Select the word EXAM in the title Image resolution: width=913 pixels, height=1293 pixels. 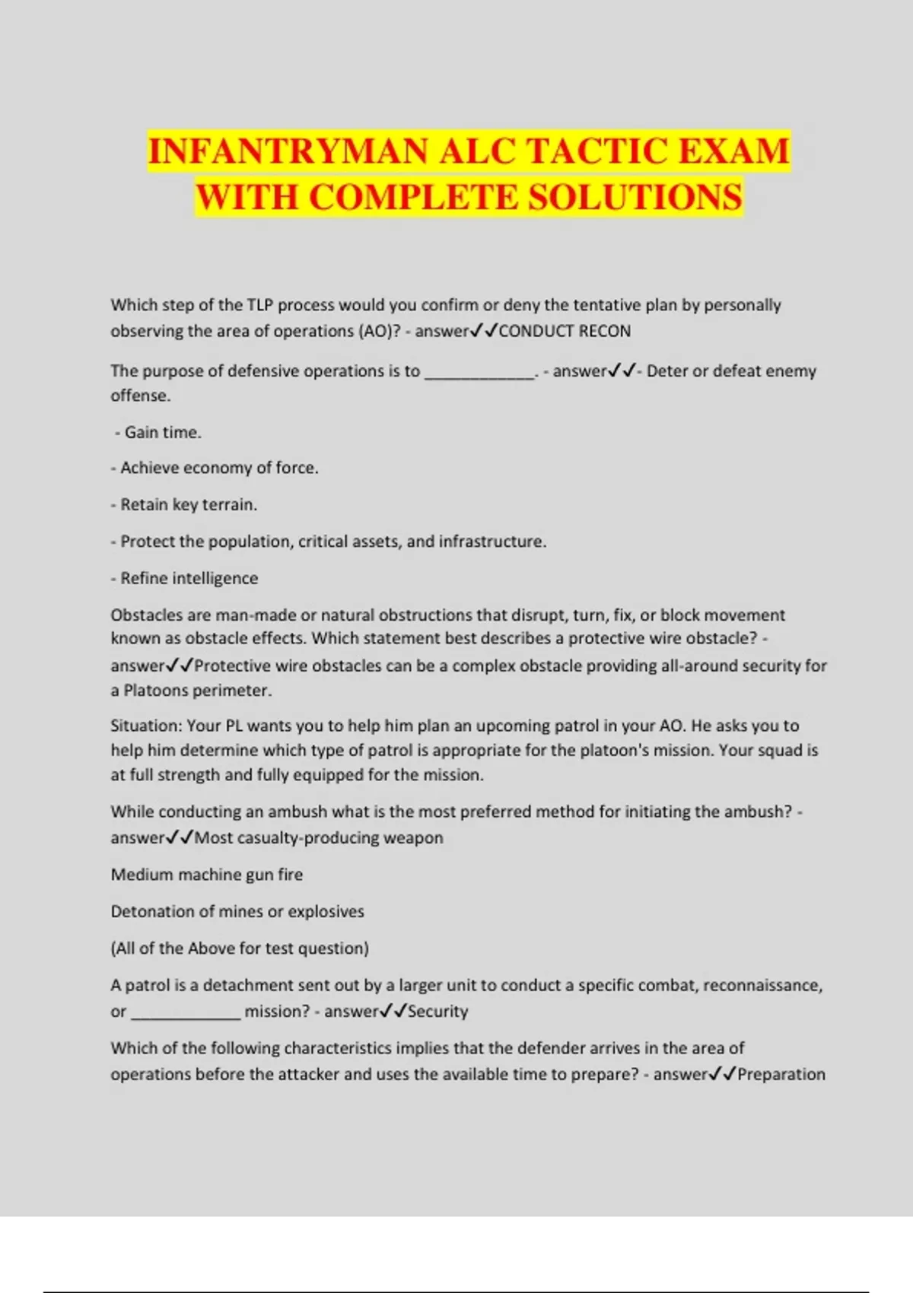click(x=733, y=151)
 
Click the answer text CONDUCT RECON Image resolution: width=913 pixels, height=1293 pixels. click(x=565, y=332)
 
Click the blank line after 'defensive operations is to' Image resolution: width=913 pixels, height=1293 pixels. click(x=479, y=373)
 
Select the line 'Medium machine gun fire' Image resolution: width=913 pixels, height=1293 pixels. click(x=206, y=875)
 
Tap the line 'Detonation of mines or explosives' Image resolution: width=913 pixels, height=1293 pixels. click(x=237, y=911)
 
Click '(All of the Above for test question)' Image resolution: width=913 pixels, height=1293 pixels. click(x=240, y=948)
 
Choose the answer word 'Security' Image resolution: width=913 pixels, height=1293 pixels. click(x=437, y=1012)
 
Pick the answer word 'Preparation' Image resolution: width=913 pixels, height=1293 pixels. click(x=781, y=1075)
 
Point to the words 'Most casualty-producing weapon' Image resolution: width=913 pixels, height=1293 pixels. click(x=319, y=838)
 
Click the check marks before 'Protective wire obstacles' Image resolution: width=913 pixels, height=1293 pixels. click(x=180, y=666)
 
